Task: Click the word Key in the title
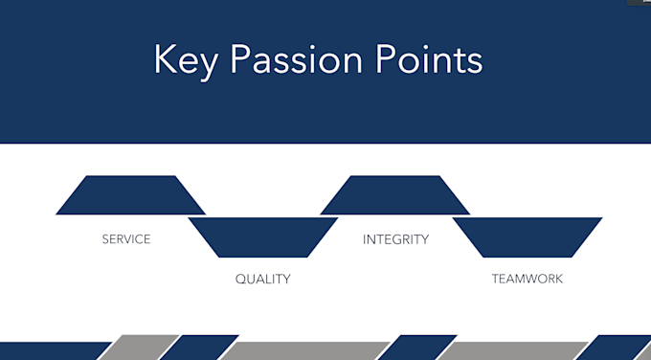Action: click(x=184, y=60)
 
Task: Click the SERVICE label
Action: click(x=126, y=238)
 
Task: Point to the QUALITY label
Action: click(x=262, y=280)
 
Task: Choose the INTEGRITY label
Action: click(x=395, y=238)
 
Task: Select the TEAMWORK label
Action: click(x=527, y=280)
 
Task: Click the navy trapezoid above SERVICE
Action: click(x=130, y=195)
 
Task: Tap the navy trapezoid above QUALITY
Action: click(x=262, y=237)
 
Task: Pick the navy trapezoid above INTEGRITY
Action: click(x=394, y=195)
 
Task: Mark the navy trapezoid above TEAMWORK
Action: click(x=527, y=237)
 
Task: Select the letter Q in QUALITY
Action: click(x=240, y=280)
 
